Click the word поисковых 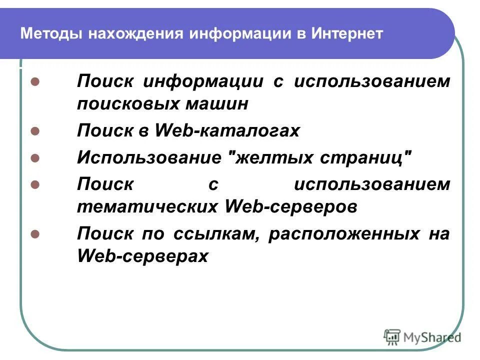pos(127,104)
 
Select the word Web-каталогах pos(227,131)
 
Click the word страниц pos(368,158)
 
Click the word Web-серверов pos(292,207)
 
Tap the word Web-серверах pos(142,256)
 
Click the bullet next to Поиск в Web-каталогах pos(35,131)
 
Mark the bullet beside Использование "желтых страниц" pos(35,158)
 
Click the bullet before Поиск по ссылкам pos(35,234)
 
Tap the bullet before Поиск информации pos(35,81)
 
